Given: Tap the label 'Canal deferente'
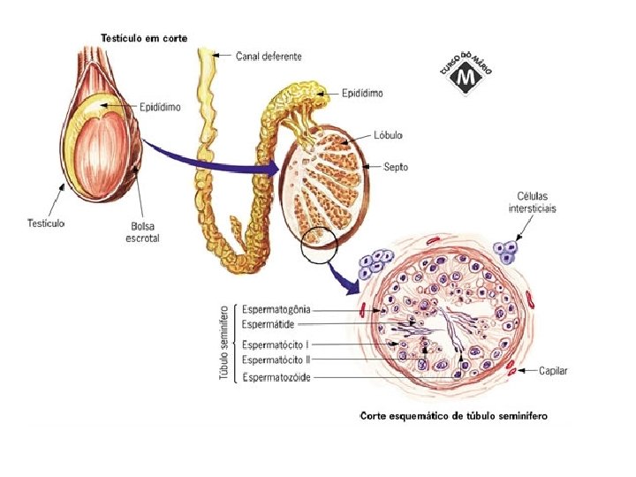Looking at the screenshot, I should [x=269, y=56].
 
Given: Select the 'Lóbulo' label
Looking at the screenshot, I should [x=389, y=135].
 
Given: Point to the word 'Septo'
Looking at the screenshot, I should [x=395, y=165].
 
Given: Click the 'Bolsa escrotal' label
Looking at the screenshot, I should [x=141, y=233].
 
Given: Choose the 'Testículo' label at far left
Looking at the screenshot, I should [x=45, y=223].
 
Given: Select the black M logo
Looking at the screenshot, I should [x=466, y=78].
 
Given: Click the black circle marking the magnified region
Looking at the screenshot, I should [x=318, y=244].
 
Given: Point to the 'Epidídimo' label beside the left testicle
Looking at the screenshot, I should [x=160, y=107].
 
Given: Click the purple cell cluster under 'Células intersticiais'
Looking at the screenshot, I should [x=507, y=251].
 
